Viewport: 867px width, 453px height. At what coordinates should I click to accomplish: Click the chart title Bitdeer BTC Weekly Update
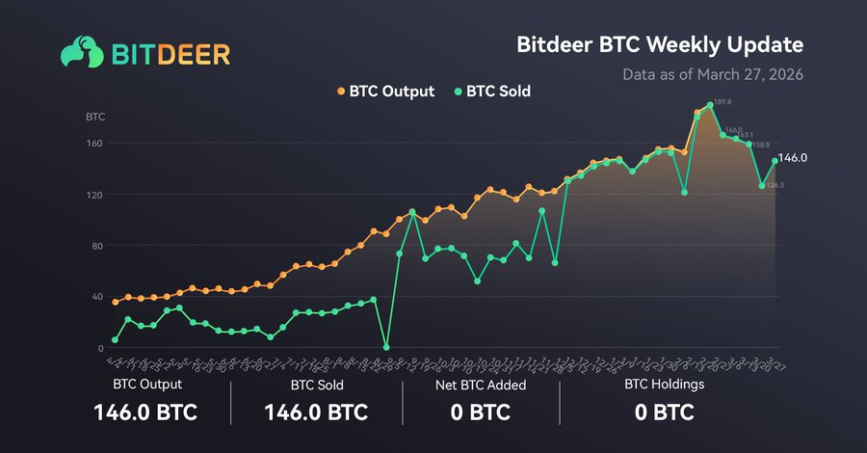pos(660,45)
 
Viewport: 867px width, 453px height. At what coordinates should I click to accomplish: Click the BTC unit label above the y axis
pos(95,117)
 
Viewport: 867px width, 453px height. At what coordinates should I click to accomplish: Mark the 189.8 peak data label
pos(722,101)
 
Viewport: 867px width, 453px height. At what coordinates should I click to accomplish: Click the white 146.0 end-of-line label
pos(792,157)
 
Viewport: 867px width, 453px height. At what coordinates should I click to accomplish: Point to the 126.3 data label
pos(775,185)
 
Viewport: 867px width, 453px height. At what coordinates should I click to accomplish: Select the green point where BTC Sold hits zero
pos(386,347)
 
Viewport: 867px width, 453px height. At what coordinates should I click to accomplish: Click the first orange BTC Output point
pos(116,302)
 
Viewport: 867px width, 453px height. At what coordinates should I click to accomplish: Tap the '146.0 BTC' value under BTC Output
pos(145,413)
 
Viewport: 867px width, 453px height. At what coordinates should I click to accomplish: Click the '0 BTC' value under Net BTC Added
pos(479,413)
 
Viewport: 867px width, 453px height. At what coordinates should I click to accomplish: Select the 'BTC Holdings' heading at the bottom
pos(665,384)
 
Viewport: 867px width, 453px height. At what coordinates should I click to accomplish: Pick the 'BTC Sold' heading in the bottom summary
pos(316,384)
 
